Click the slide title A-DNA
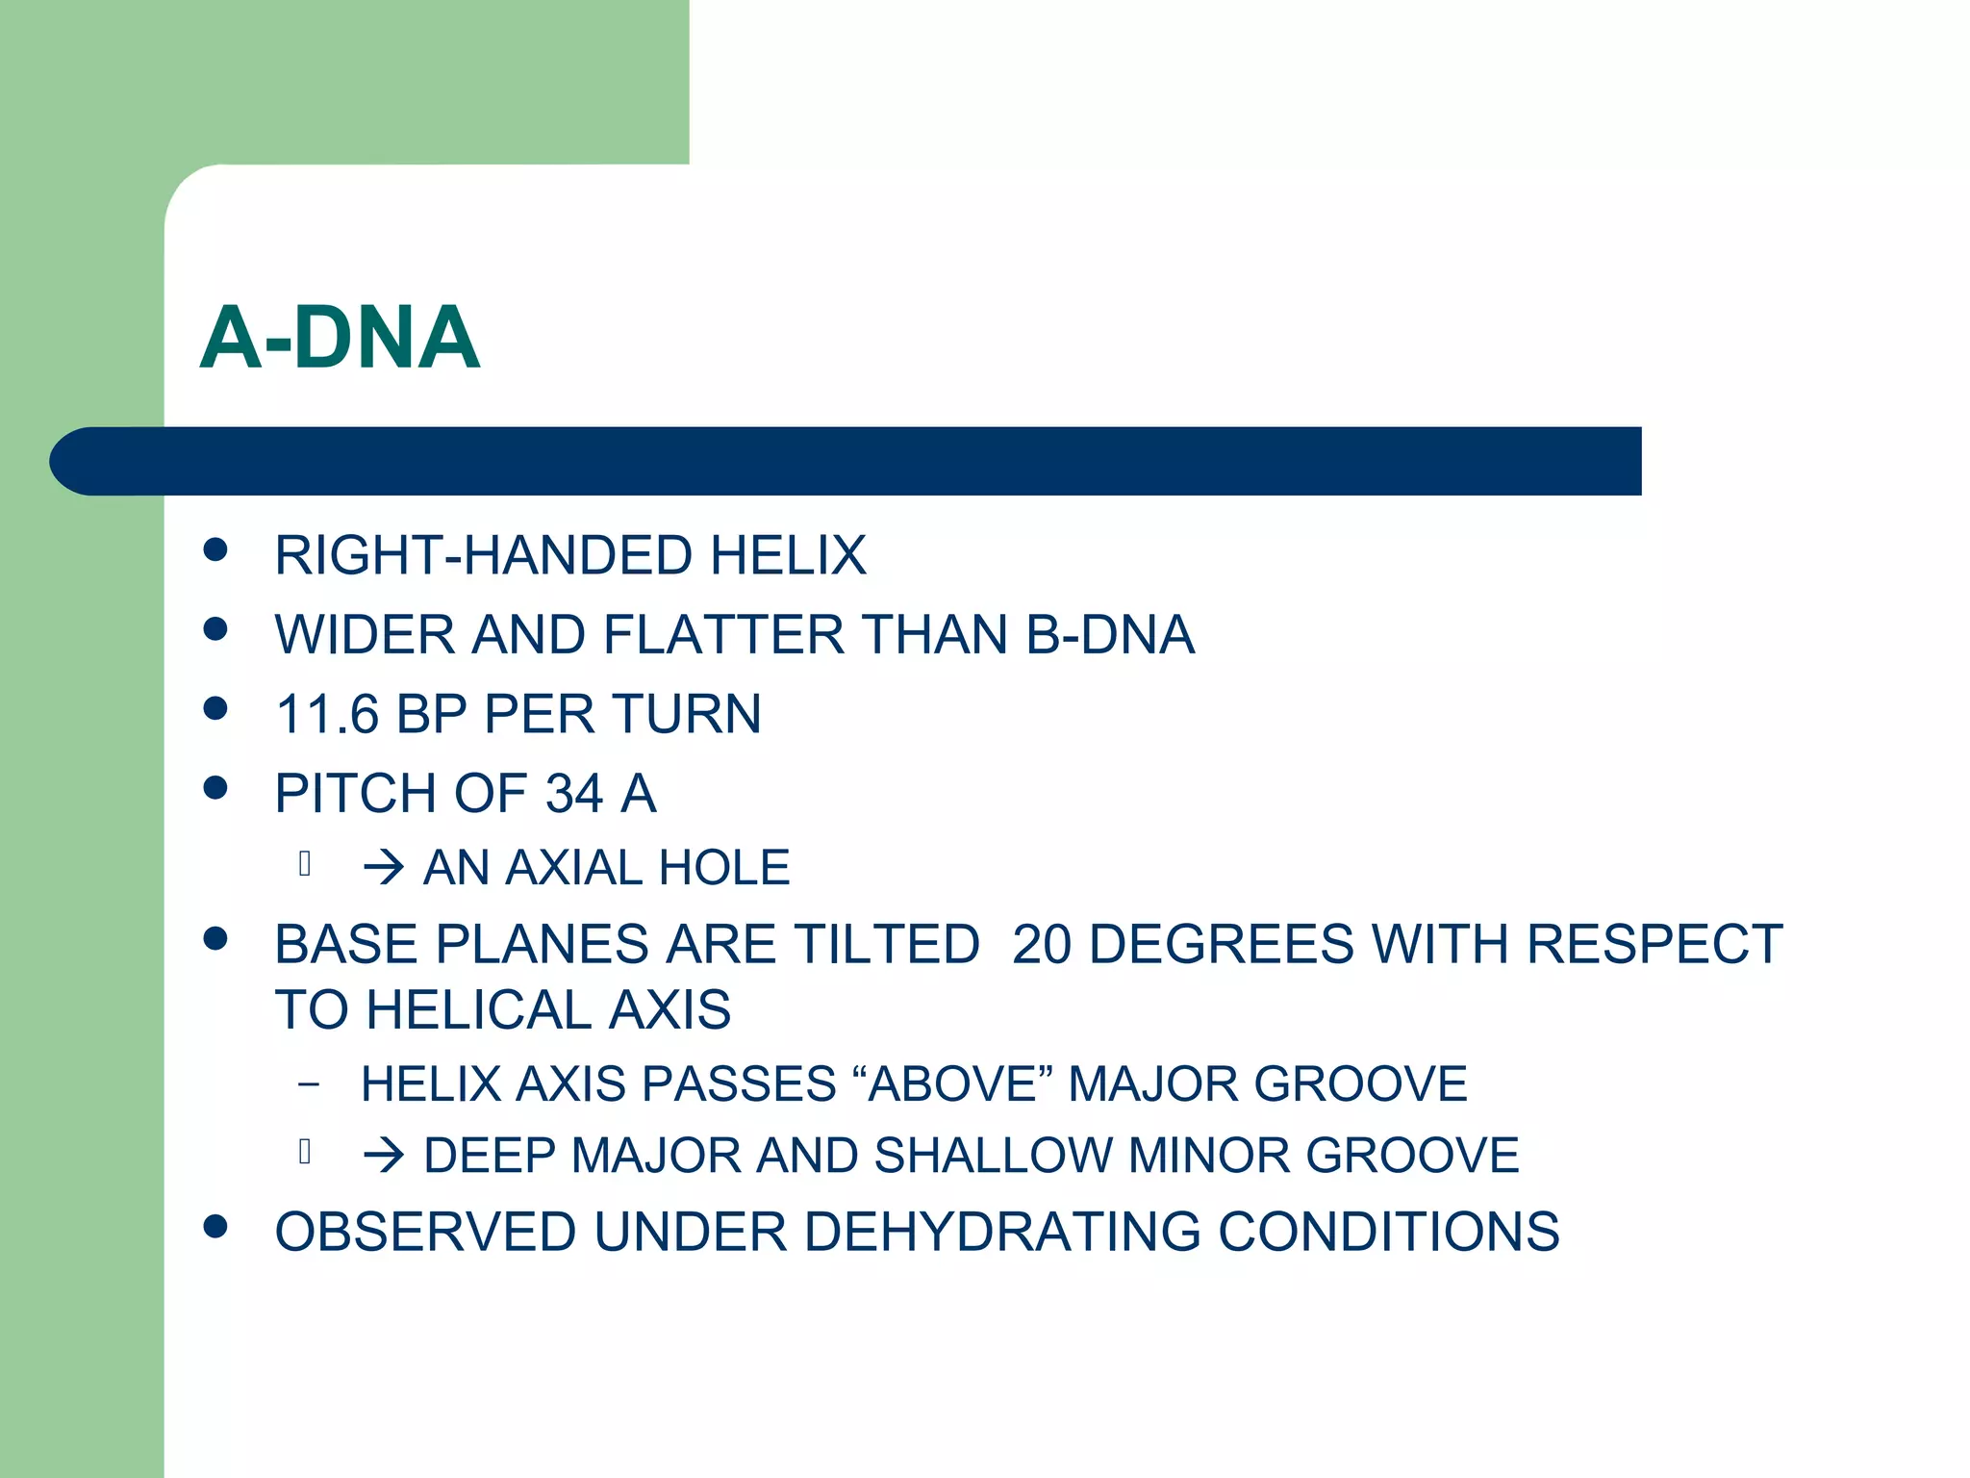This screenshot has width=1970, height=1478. pyautogui.click(x=340, y=338)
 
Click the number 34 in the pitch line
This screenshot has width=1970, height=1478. pyautogui.click(x=574, y=794)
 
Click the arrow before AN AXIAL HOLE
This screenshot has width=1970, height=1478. pyautogui.click(x=383, y=868)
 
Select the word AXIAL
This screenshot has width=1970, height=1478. pyautogui.click(x=574, y=868)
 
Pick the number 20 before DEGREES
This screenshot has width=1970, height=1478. pyautogui.click(x=1042, y=944)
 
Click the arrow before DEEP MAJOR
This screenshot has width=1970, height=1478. pyautogui.click(x=383, y=1156)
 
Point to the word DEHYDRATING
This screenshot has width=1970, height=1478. pyautogui.click(x=1002, y=1232)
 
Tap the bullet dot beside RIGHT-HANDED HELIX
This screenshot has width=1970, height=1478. pyautogui.click(x=215, y=549)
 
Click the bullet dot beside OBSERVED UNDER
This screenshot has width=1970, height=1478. pyautogui.click(x=215, y=1226)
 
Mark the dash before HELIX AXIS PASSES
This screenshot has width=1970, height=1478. pyautogui.click(x=308, y=1084)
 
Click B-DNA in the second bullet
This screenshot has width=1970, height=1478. pyautogui.click(x=1110, y=635)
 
